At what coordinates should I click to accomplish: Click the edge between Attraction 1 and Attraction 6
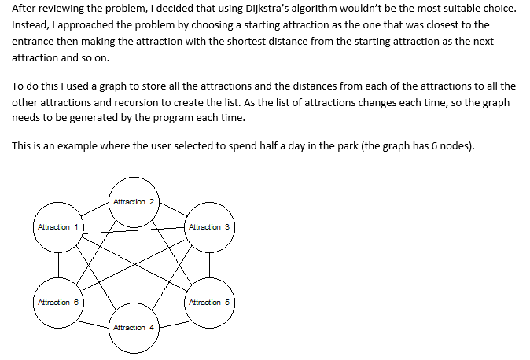[58, 265]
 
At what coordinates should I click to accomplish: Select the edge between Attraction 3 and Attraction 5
[210, 265]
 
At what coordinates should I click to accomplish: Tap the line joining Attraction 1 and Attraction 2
[95, 209]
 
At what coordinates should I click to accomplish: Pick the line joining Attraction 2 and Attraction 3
[173, 209]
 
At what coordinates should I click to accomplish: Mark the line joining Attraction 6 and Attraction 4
[93, 324]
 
